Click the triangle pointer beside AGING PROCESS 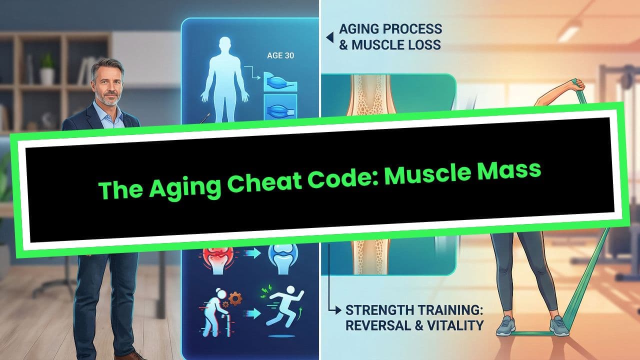pos(329,36)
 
